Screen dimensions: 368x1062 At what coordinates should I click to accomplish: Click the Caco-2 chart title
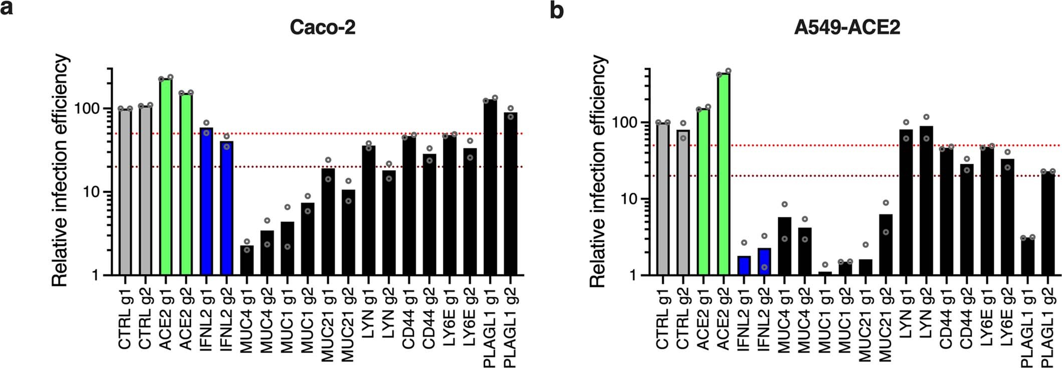[323, 27]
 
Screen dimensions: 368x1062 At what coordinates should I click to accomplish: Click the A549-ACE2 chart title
[847, 27]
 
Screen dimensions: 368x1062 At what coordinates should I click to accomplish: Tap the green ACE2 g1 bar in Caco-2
[166, 175]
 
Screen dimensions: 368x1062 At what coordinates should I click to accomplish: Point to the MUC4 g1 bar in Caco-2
[247, 260]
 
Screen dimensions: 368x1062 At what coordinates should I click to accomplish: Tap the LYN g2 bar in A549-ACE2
[926, 200]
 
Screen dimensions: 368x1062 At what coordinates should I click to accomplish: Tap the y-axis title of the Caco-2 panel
[61, 171]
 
